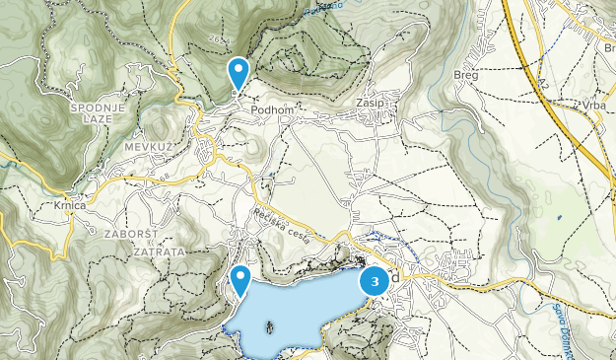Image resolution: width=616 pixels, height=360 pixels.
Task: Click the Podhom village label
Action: (x=272, y=110)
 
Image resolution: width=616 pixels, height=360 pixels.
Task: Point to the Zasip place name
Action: (x=368, y=102)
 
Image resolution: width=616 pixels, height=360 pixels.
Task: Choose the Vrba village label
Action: (x=588, y=104)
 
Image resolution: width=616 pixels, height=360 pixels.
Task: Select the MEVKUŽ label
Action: (x=148, y=146)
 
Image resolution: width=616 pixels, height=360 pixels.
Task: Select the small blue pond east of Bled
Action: (x=557, y=217)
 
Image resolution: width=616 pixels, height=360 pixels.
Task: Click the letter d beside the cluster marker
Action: (x=396, y=280)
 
